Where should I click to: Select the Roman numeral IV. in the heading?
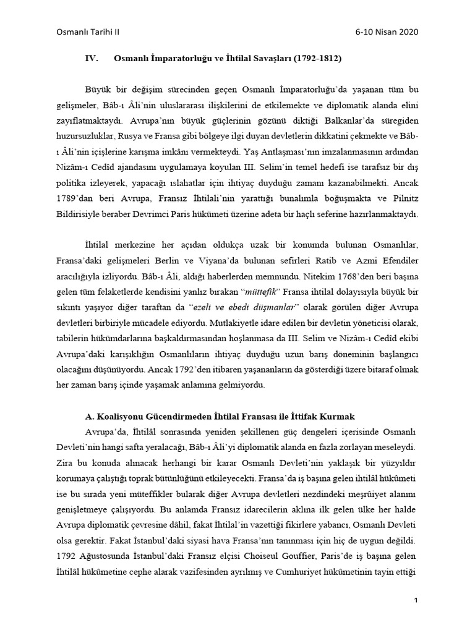[92, 59]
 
